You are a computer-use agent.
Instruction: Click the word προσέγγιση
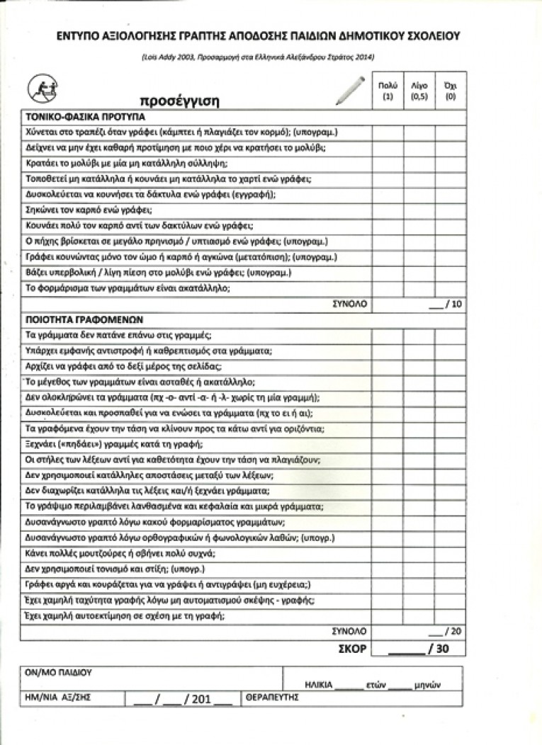(179, 101)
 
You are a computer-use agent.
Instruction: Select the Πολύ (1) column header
(387, 90)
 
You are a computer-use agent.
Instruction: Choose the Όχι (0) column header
(449, 90)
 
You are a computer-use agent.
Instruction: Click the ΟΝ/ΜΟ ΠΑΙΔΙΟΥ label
(59, 673)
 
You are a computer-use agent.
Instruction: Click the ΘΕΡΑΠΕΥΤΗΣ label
(272, 698)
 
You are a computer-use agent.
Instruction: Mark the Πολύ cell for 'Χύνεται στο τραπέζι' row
(387, 132)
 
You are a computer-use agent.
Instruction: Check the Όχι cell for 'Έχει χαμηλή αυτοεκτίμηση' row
(449, 615)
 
